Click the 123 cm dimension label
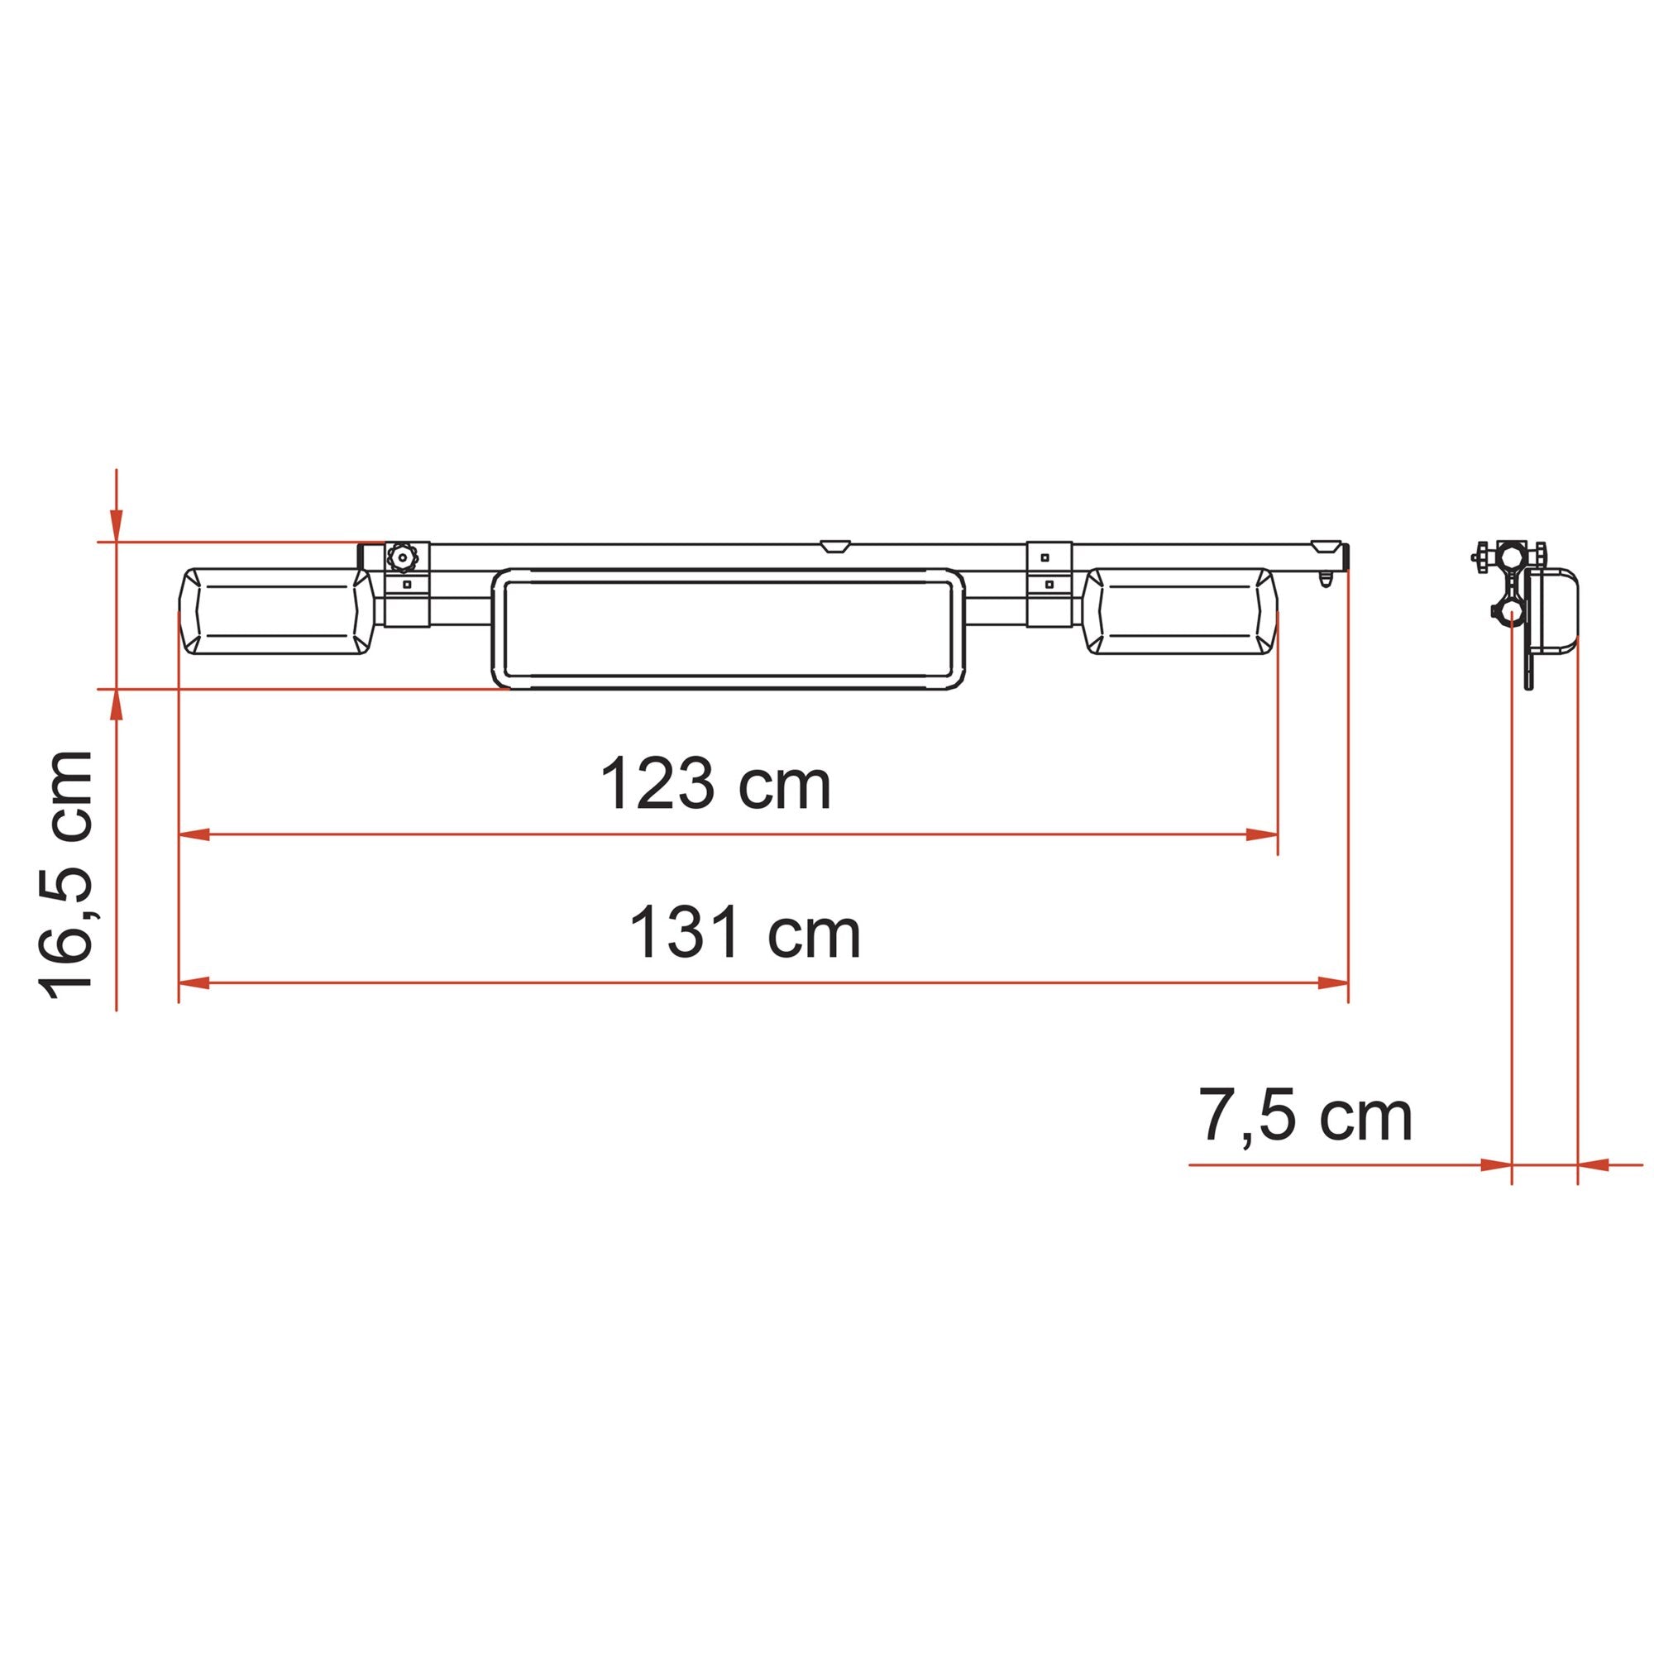(x=715, y=782)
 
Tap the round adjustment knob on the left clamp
(x=399, y=558)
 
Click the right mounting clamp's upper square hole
(x=1045, y=557)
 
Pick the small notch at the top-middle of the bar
(x=834, y=546)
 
